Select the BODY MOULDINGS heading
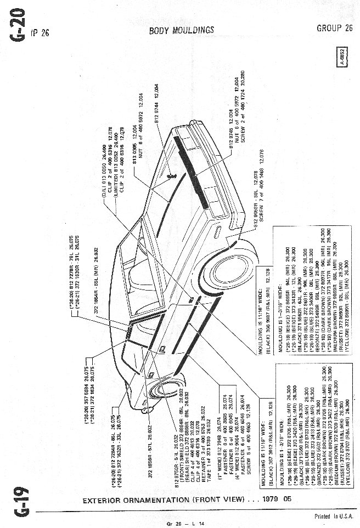point(182,31)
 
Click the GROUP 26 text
point(334,28)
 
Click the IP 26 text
point(40,32)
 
